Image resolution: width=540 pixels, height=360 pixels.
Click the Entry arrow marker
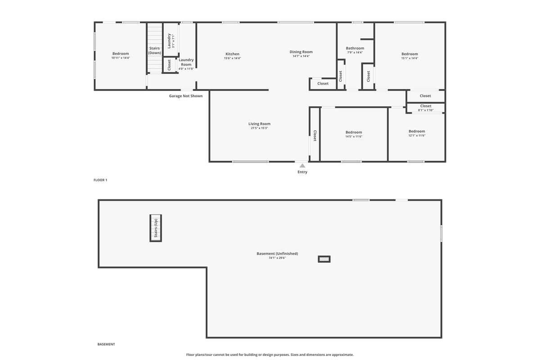point(302,166)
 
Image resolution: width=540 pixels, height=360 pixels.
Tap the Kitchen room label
point(232,54)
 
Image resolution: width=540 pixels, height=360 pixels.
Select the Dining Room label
point(301,52)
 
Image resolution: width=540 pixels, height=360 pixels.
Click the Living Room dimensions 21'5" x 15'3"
point(259,128)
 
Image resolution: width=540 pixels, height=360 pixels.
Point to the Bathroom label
point(355,48)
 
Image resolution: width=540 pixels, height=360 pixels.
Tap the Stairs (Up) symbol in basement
point(156,228)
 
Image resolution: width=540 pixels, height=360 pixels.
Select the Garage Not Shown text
point(186,96)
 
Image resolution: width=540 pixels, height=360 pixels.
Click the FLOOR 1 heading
point(100,180)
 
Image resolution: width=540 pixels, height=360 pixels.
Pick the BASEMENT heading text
point(106,344)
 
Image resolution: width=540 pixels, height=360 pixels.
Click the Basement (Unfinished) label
point(277,253)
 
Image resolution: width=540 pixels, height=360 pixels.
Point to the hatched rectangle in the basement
point(324,259)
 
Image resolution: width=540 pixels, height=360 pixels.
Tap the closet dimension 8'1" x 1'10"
point(426,110)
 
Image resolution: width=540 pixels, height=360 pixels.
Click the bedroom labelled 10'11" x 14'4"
point(121,56)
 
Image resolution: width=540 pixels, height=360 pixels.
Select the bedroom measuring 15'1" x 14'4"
point(409,56)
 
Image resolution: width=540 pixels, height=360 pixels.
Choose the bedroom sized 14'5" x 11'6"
point(354,134)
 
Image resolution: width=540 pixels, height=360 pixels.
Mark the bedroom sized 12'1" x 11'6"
point(417,133)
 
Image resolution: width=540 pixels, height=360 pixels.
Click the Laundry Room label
point(186,62)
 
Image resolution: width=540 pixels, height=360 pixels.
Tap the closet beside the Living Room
point(315,135)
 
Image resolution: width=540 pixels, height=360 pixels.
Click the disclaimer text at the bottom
point(270,355)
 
